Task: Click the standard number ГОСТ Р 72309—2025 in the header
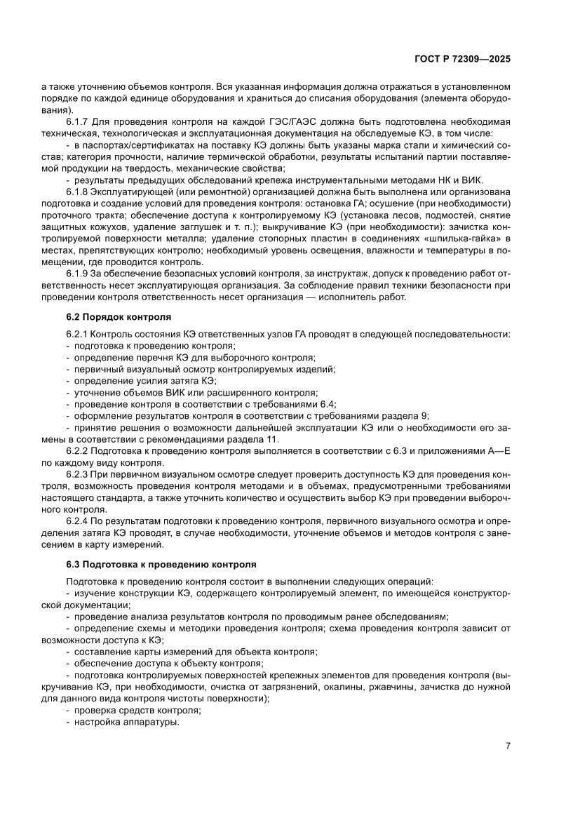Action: (464, 60)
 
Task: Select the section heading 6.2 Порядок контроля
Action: (119, 317)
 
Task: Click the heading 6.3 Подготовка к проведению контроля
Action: (161, 564)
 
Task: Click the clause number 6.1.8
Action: (78, 192)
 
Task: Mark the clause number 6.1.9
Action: (78, 272)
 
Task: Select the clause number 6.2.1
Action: (78, 335)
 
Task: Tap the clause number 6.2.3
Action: (78, 475)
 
